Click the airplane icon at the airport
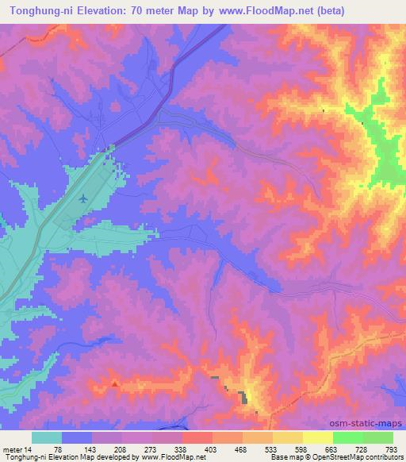click(84, 198)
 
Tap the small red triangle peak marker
click(116, 383)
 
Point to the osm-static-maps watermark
click(366, 423)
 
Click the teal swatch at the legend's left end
click(46, 437)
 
